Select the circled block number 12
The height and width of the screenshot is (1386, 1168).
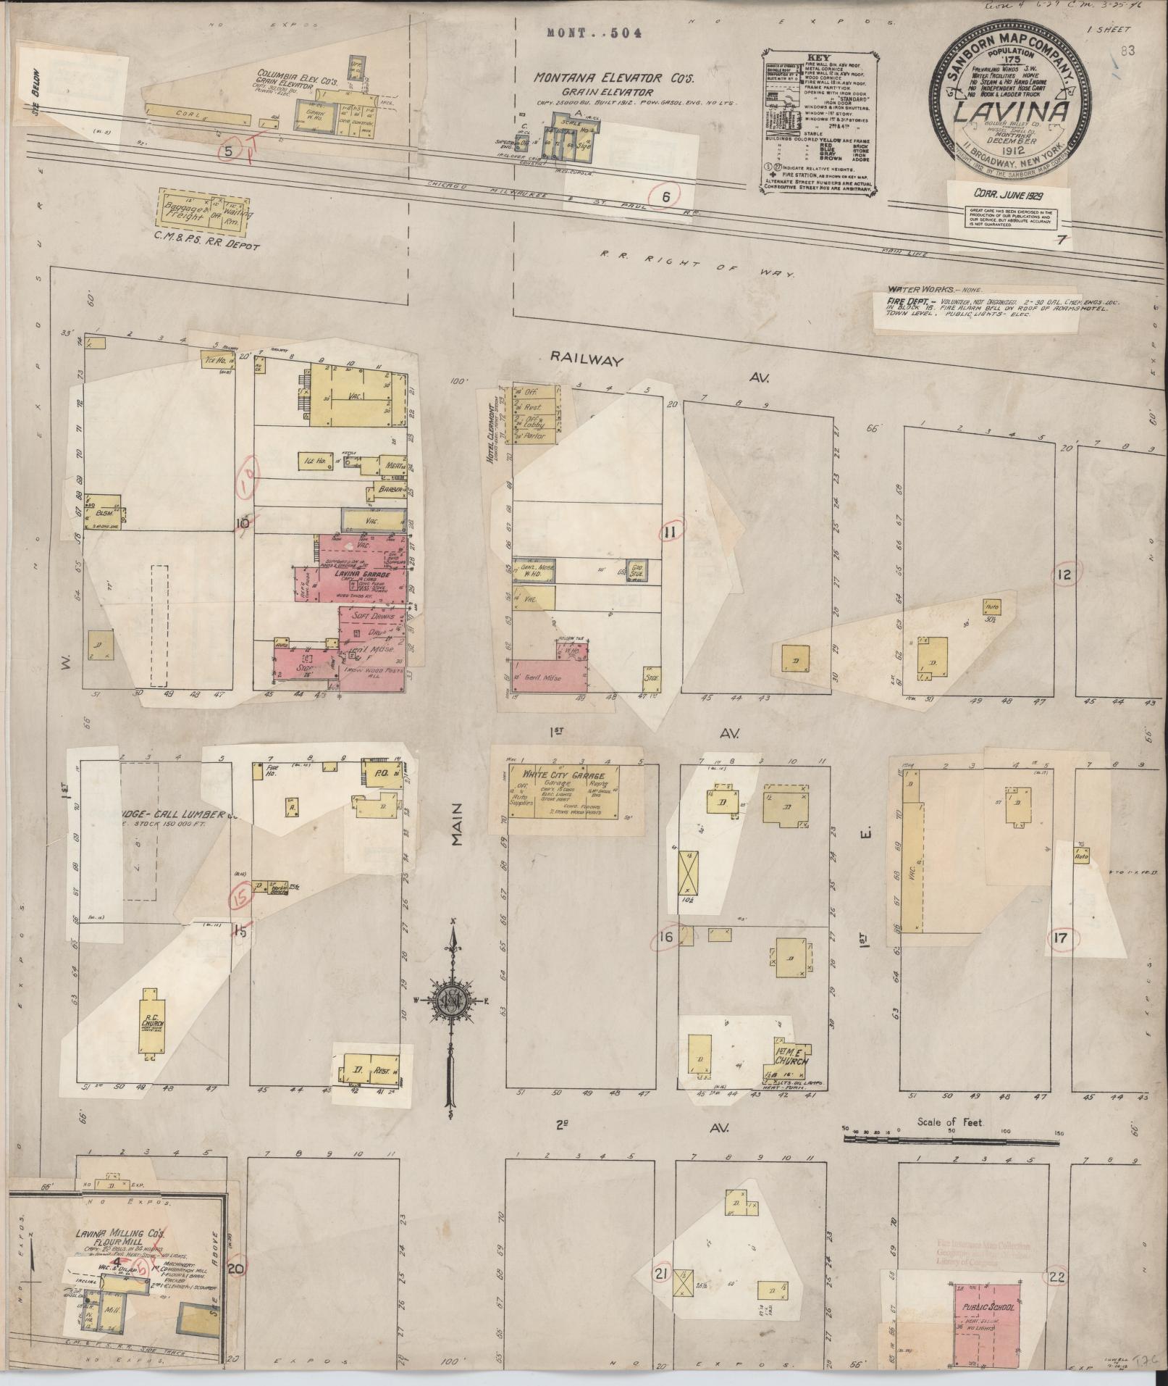[x=1064, y=575]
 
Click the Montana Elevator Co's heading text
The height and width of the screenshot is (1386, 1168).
[x=594, y=78]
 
